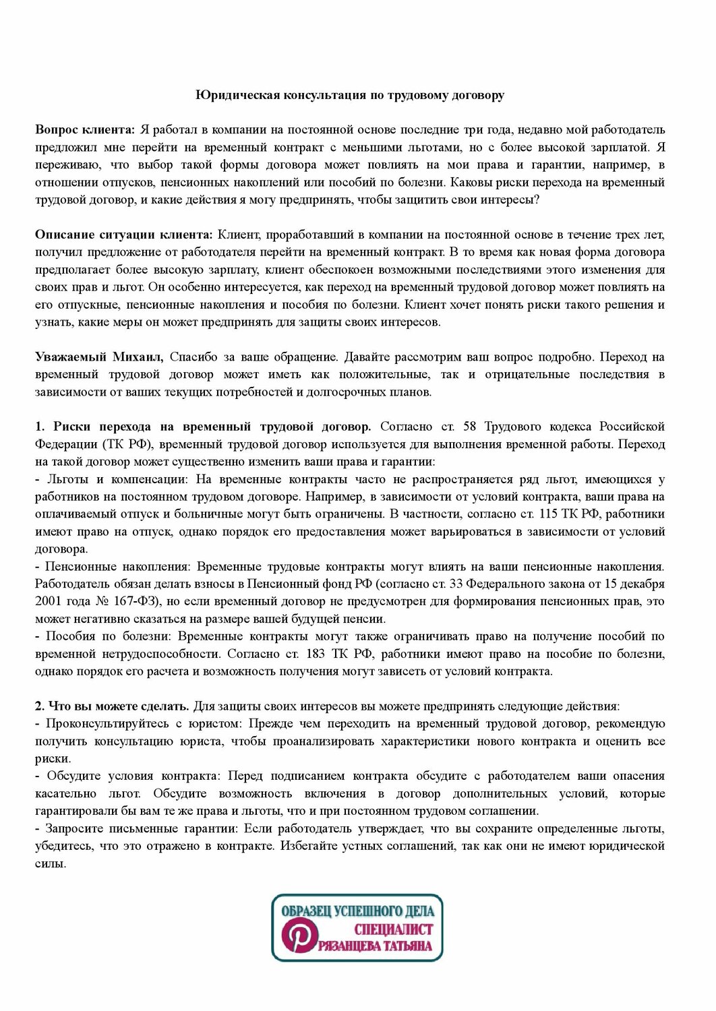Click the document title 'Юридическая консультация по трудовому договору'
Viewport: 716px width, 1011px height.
(350, 95)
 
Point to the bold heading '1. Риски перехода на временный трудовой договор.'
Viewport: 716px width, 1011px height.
(203, 427)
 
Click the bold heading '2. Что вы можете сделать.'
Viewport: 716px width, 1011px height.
(113, 706)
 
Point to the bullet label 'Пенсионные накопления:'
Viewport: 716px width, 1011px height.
(118, 566)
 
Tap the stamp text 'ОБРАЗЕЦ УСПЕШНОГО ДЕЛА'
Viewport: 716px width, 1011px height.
(357, 911)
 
